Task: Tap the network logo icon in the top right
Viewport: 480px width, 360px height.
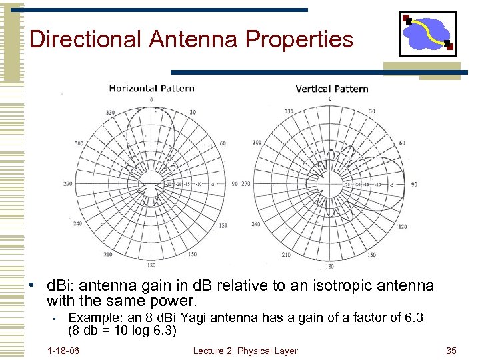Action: tap(427, 33)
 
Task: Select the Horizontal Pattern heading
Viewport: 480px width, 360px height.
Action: tap(151, 88)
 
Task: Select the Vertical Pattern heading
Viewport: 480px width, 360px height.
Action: tap(331, 89)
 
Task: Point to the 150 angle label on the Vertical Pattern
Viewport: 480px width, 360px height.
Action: tap(370, 255)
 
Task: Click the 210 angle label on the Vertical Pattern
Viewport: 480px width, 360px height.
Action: tap(287, 255)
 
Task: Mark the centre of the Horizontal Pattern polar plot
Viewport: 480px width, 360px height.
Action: tap(151, 183)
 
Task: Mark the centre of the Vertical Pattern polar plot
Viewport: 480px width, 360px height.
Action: tap(329, 183)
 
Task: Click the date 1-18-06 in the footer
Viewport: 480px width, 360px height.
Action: tap(63, 351)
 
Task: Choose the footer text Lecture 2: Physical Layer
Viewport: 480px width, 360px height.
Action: tap(245, 351)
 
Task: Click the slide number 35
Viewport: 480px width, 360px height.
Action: tap(451, 351)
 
